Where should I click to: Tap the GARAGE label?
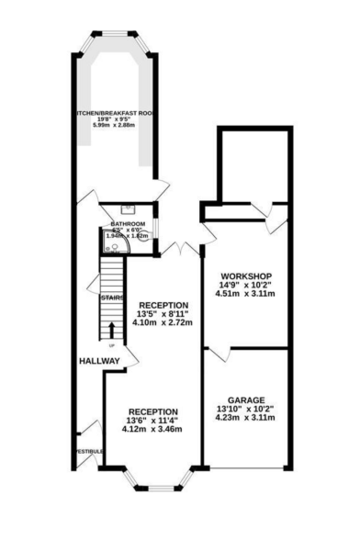click(246, 400)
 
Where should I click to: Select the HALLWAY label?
click(99, 360)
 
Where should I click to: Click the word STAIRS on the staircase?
click(112, 298)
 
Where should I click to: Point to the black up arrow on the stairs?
click(112, 330)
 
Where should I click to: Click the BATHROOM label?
click(129, 224)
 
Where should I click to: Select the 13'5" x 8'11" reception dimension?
click(164, 315)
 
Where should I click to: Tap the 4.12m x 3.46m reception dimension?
click(152, 430)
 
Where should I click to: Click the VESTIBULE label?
click(88, 452)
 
